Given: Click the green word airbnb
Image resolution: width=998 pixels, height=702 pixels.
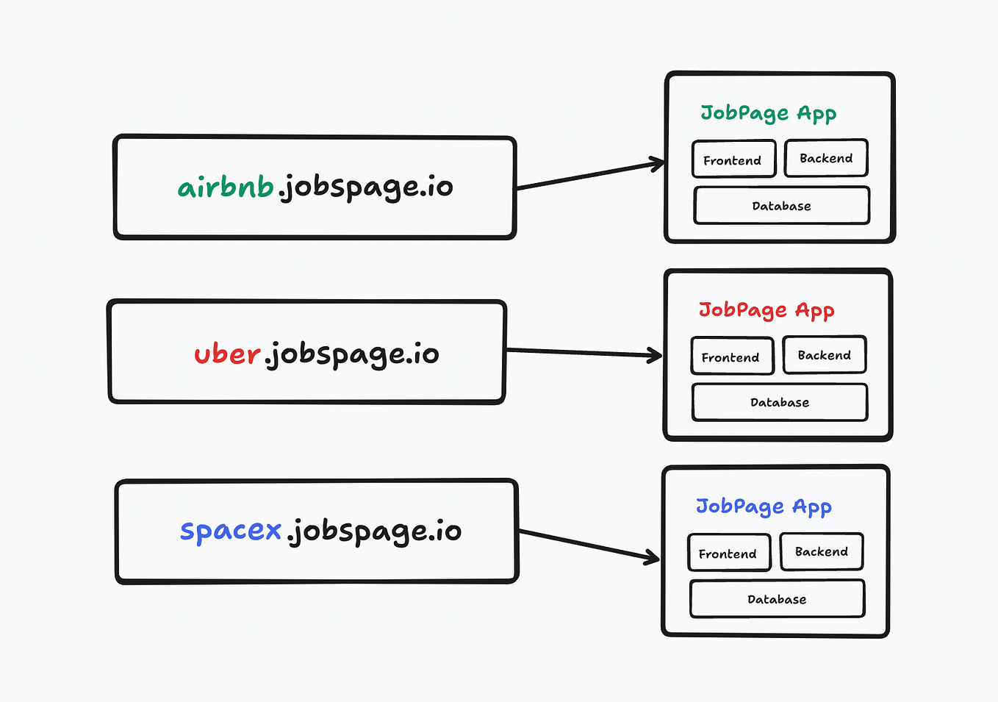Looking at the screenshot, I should tap(226, 187).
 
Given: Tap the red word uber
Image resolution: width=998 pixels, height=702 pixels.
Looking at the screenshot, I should tap(227, 354).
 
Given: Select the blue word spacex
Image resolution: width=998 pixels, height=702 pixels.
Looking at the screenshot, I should tap(231, 530).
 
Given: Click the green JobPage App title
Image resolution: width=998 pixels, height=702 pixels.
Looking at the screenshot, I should tap(768, 113).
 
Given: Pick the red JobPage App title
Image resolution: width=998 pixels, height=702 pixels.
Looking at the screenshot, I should tap(767, 310).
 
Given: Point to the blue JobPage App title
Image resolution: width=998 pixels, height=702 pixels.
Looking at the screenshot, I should tap(764, 506).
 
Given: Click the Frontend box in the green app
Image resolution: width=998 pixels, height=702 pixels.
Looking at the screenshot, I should tap(733, 160).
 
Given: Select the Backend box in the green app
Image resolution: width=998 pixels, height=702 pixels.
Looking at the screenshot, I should tap(826, 158).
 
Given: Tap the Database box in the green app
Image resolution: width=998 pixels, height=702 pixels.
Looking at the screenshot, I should tap(781, 206).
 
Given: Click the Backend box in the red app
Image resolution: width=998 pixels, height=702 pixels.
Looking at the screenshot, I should tap(824, 355).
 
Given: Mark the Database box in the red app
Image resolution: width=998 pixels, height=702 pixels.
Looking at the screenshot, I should tap(780, 403).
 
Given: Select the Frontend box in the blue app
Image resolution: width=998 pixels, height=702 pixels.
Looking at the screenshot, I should tap(728, 554).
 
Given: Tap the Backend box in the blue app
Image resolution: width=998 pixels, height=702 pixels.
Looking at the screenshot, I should tap(821, 551).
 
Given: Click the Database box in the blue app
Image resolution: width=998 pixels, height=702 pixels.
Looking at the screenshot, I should tap(777, 599).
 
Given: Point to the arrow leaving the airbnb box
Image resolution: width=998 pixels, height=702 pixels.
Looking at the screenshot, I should tap(588, 176).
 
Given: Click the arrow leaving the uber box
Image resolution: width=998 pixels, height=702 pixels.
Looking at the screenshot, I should tap(584, 353).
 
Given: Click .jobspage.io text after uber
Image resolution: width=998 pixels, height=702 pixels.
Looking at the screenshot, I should tap(352, 354).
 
